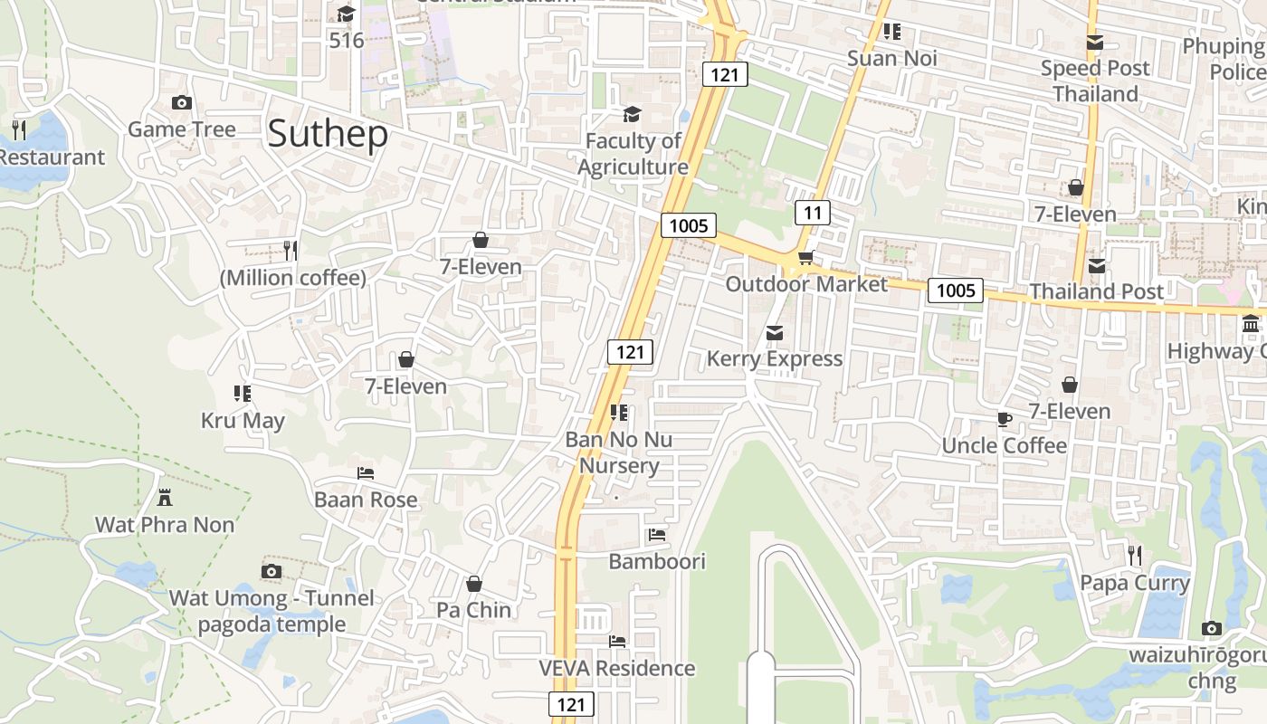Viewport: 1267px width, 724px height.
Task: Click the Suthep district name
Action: [x=328, y=134]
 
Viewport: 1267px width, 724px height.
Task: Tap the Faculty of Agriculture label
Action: [x=633, y=154]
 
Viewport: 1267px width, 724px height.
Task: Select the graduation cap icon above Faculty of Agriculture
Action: [x=632, y=114]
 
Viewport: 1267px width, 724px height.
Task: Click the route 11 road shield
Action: [x=813, y=213]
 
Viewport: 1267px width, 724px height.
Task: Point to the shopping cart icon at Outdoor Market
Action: [x=805, y=258]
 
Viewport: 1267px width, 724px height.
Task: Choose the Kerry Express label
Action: [x=775, y=358]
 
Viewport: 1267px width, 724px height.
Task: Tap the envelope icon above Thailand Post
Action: [x=1097, y=266]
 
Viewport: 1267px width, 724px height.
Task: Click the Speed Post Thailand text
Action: [x=1095, y=81]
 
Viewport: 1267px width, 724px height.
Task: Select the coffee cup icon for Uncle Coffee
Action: [x=1004, y=419]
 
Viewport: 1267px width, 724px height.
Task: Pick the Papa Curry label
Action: [x=1135, y=583]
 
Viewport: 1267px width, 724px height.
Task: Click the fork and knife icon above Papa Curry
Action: [x=1135, y=555]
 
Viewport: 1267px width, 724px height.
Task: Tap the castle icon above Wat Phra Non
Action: [x=165, y=498]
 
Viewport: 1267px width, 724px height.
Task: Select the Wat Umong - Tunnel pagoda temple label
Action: [x=271, y=611]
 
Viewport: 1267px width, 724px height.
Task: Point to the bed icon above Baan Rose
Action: [x=366, y=473]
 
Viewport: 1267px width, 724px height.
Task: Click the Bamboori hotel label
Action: [x=657, y=561]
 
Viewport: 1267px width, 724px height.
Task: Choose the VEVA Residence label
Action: [x=617, y=668]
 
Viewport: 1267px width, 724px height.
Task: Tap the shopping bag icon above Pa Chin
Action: [x=474, y=584]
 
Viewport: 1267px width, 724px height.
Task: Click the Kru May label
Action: [x=243, y=421]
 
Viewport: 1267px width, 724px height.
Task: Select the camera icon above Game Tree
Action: [x=182, y=103]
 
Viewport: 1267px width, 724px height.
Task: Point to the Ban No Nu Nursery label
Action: [x=619, y=452]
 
